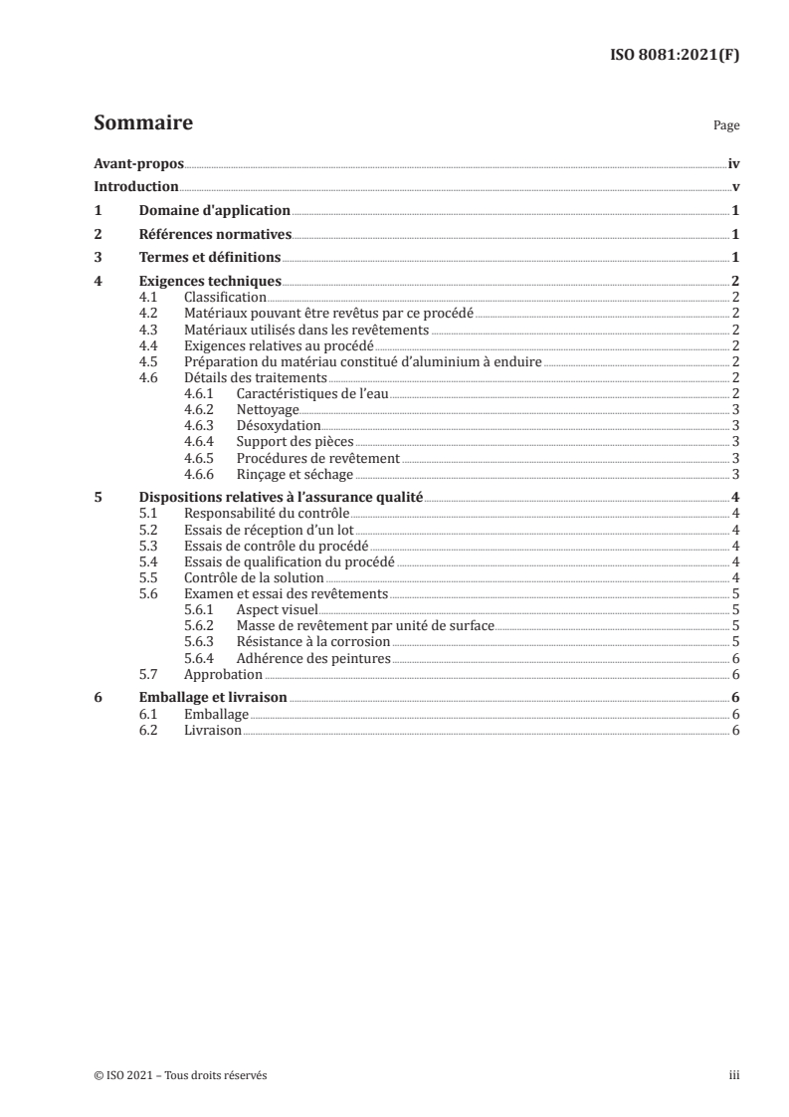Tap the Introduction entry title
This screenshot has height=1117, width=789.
point(136,186)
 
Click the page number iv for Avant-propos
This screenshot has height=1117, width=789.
point(733,162)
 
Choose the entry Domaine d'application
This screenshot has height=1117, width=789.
point(214,210)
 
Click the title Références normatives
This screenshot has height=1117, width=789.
point(215,234)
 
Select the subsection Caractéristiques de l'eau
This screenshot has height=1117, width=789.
point(311,393)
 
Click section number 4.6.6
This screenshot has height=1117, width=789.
point(202,474)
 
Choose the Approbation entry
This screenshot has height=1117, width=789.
point(224,674)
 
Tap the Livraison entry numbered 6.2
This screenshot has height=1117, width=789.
point(213,730)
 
